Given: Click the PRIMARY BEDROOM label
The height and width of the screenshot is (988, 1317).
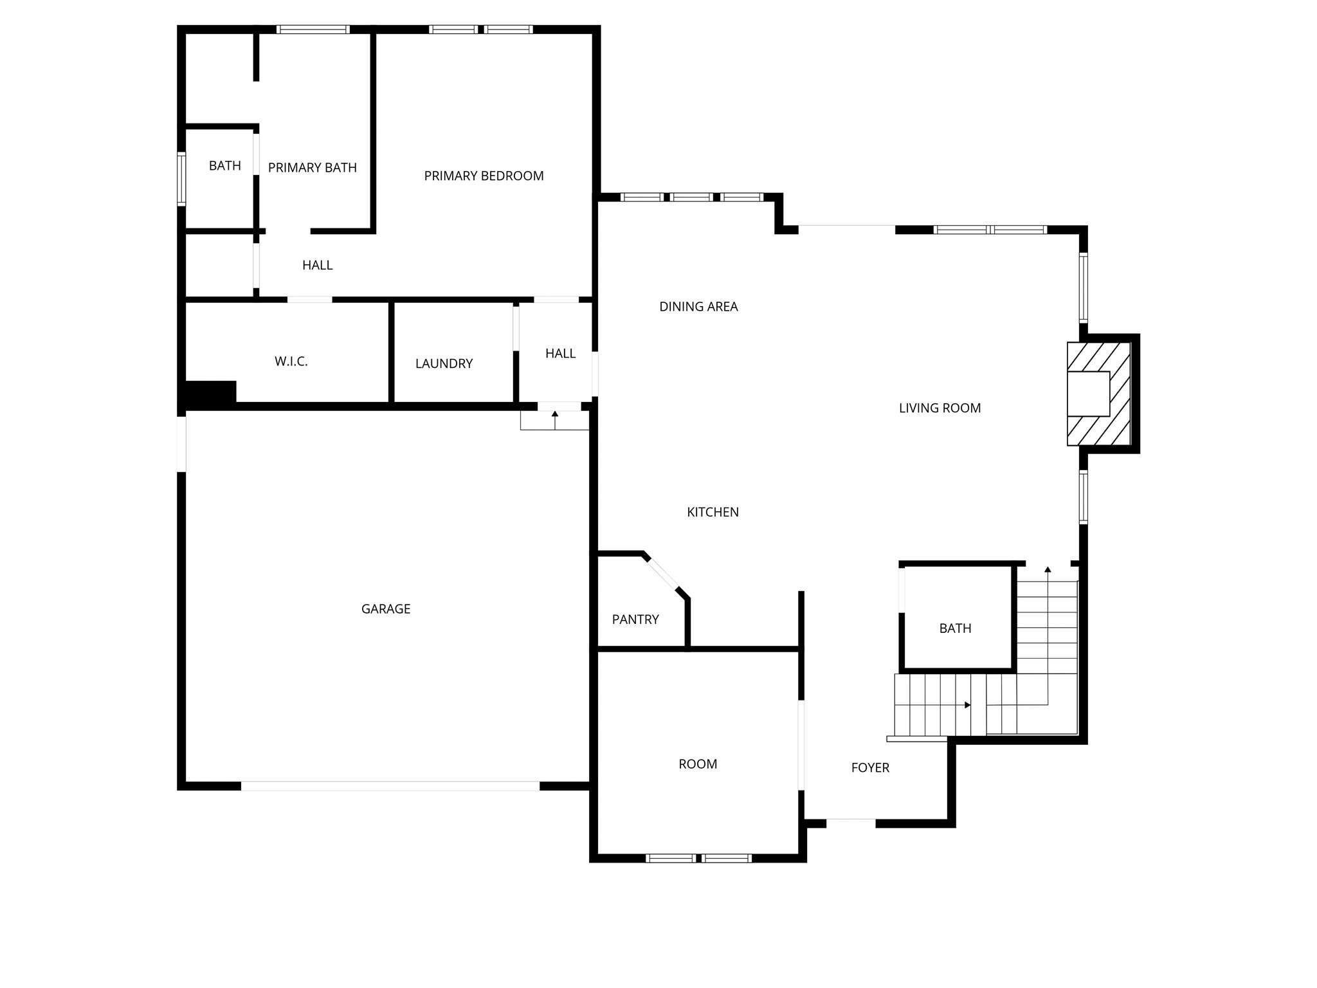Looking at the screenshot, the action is point(484,176).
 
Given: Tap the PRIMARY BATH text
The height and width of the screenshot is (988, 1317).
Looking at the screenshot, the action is point(312,168).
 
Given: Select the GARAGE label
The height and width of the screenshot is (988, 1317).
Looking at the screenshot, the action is point(386,608).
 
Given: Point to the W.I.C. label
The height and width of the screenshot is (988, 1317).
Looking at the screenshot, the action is point(291,361).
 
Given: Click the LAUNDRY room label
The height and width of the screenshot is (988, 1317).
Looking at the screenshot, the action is point(444,363).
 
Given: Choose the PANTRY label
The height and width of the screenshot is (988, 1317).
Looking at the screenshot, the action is point(635,619).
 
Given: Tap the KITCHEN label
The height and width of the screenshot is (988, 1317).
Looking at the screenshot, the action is point(713,512).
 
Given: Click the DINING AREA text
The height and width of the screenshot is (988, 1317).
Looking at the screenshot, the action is point(698,307).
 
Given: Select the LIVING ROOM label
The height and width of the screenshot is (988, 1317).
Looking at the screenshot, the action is point(940,408).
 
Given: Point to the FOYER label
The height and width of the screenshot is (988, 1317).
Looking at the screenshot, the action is point(870,767).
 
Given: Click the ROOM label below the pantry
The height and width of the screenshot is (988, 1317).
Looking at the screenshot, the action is point(698,764).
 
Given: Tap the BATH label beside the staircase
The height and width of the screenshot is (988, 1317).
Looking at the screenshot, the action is point(955,628).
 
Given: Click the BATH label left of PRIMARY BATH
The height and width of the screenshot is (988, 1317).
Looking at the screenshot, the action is point(225,166).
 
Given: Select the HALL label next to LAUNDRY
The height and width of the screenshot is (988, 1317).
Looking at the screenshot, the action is point(560,353).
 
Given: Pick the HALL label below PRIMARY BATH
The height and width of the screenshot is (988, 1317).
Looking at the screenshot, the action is point(317,265).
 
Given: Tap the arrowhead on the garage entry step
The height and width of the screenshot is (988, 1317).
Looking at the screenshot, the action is point(555,414).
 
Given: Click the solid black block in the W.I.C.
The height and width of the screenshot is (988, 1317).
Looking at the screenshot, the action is point(210,392).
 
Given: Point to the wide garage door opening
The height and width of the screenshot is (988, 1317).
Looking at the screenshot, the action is point(390,785).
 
